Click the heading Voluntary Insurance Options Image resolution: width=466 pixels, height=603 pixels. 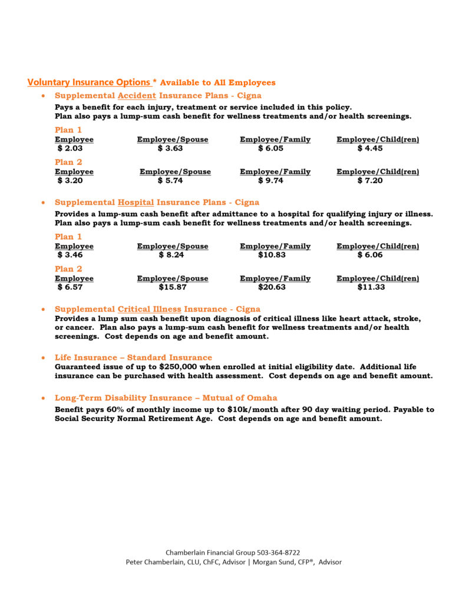tap(88, 82)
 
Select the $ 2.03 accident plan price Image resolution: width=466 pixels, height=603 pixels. tap(70, 148)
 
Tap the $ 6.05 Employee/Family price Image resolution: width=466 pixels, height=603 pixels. tap(271, 148)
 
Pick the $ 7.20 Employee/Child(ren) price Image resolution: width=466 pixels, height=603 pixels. tap(370, 181)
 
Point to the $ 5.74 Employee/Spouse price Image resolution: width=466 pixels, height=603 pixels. tap(170, 181)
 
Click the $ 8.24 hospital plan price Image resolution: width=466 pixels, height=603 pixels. tap(171, 255)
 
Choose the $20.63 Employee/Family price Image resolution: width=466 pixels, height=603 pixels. tap(272, 287)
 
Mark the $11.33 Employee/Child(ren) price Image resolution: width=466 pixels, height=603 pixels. tap(371, 287)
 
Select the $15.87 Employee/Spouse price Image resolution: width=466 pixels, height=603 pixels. tap(171, 287)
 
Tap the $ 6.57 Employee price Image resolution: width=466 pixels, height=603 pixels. tap(70, 287)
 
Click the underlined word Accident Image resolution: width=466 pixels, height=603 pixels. tap(137, 95)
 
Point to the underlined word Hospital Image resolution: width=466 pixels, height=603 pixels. tap(135, 203)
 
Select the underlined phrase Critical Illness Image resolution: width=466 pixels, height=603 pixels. tap(150, 309)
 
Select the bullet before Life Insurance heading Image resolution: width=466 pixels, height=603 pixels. tap(43, 358)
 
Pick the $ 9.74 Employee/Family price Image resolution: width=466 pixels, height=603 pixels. tap(271, 181)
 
